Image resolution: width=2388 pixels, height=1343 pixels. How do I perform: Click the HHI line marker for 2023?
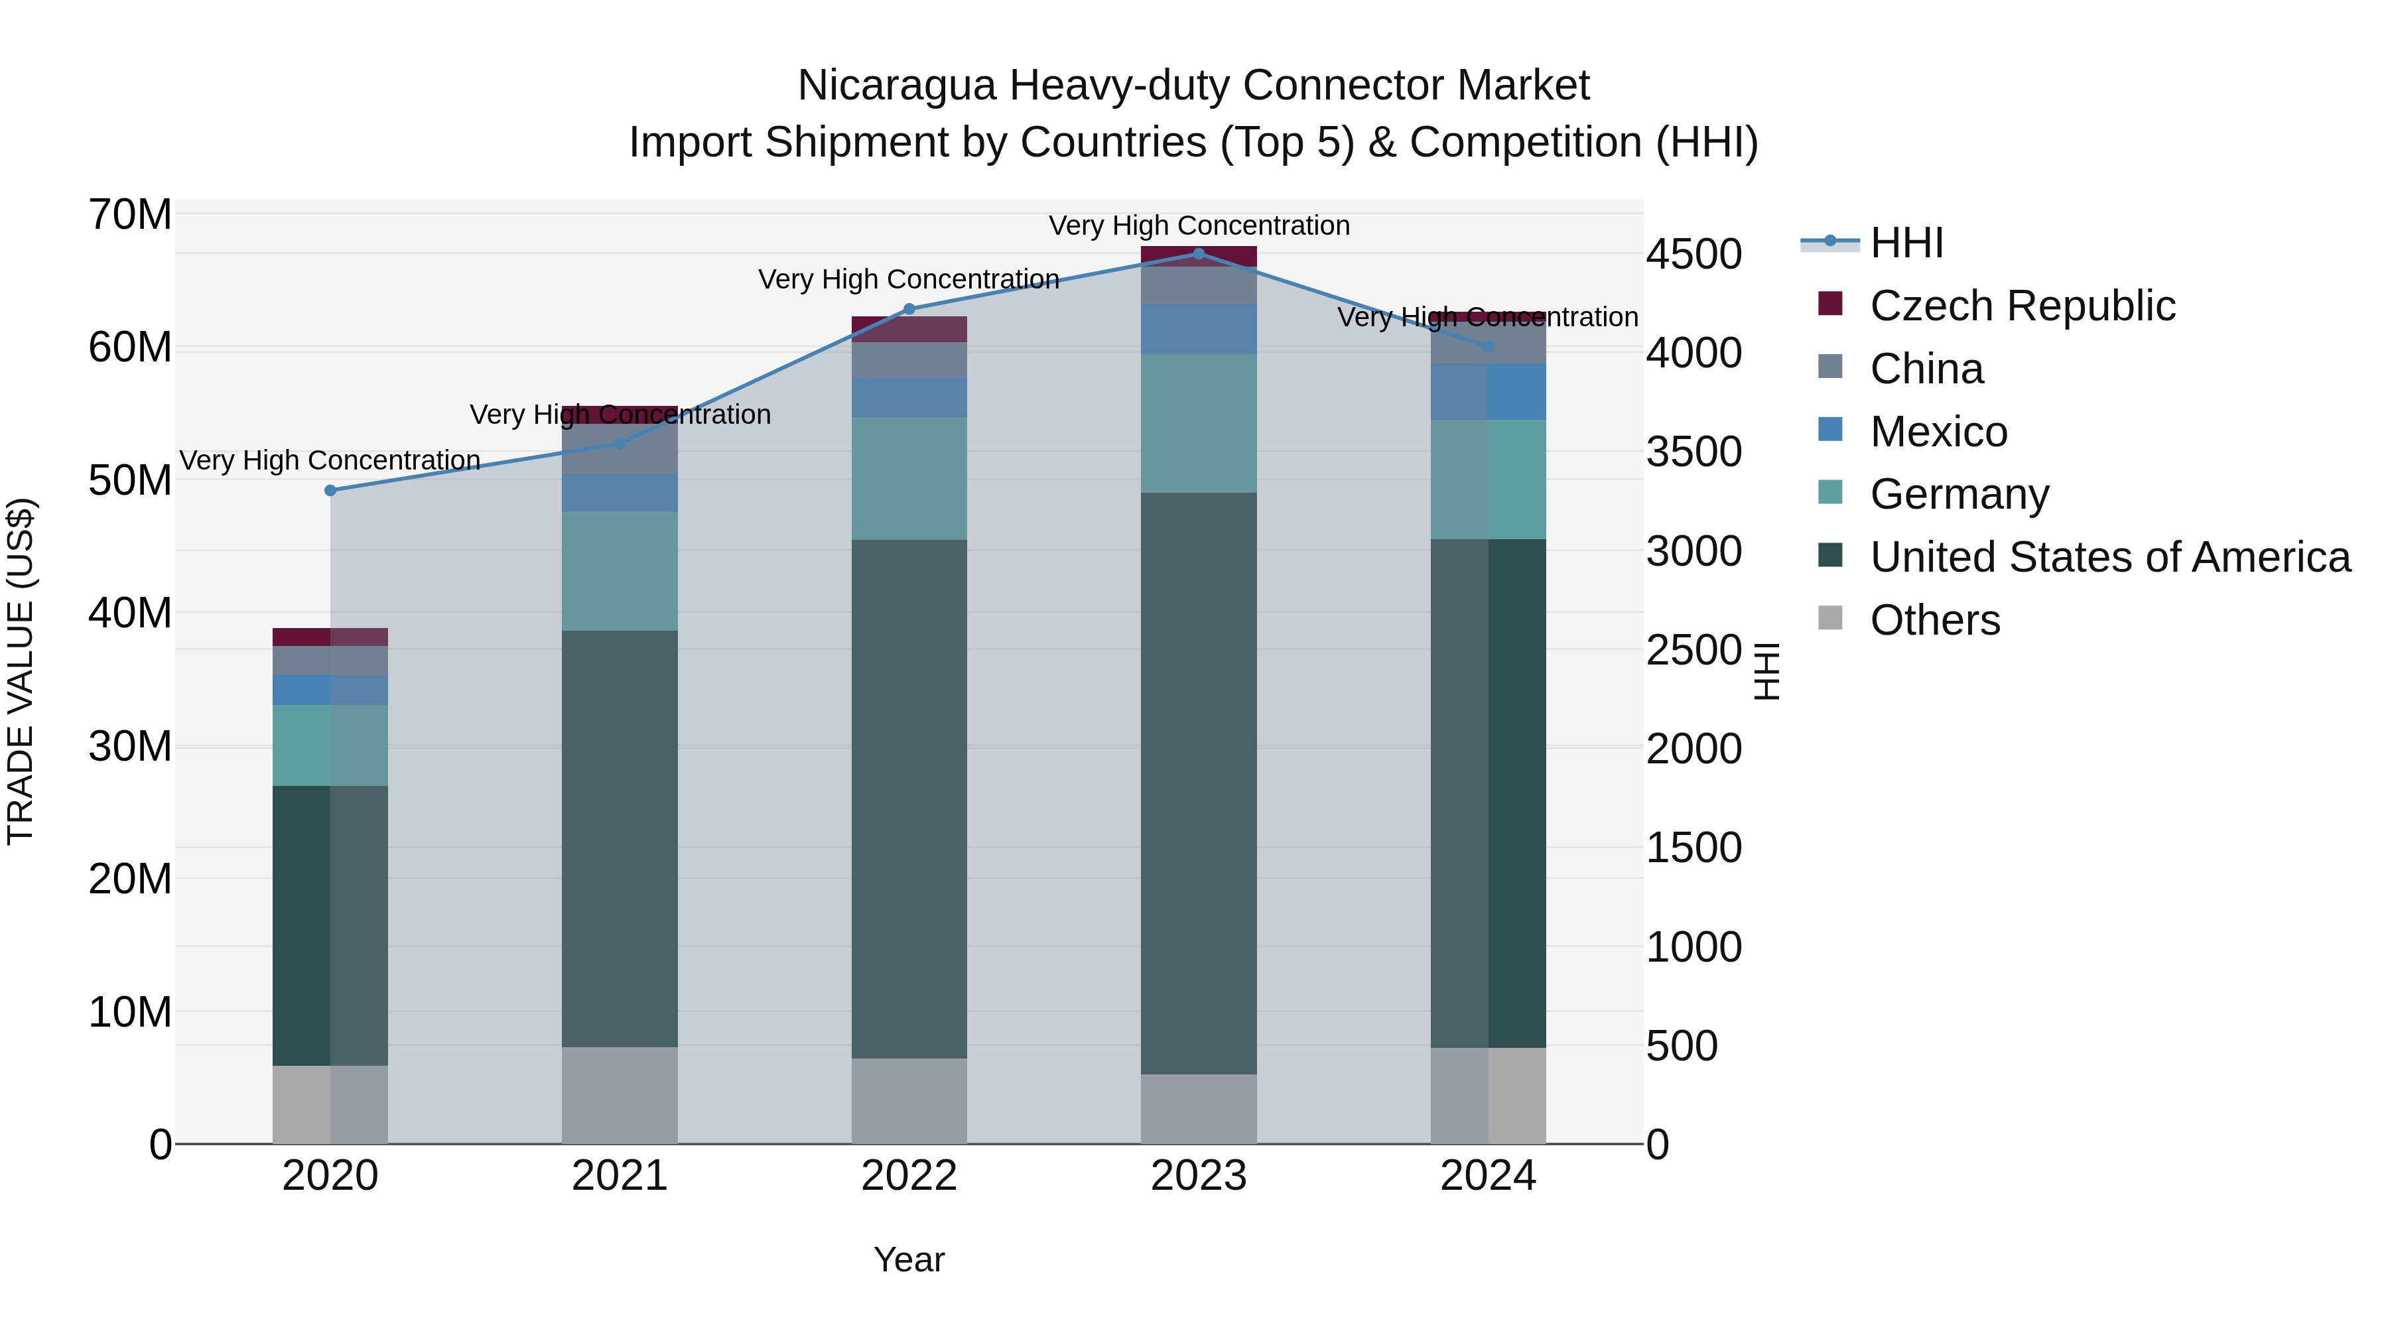tap(1199, 254)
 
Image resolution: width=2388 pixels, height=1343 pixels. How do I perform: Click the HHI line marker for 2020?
tap(330, 490)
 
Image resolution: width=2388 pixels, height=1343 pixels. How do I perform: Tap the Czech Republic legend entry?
tap(2022, 306)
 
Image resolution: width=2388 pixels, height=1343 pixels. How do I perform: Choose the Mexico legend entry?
tap(1938, 432)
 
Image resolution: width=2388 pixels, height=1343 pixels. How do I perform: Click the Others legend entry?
tap(1935, 620)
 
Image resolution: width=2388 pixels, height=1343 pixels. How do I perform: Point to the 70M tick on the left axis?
tap(130, 215)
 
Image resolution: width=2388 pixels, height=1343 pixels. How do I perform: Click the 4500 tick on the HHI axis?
tap(1693, 255)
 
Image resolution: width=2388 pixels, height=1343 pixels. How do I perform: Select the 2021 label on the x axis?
tap(620, 1176)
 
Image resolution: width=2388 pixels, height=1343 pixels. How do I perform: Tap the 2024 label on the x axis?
tap(1488, 1176)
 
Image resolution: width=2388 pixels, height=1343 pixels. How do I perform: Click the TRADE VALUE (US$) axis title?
tap(21, 671)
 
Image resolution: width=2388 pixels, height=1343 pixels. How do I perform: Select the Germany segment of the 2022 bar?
tap(909, 478)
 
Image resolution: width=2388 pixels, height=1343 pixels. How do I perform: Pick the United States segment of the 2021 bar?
tap(620, 839)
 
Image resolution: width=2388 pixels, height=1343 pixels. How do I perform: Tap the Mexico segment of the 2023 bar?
tap(1199, 329)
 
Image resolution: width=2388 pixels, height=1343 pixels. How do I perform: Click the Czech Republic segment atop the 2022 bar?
tap(909, 329)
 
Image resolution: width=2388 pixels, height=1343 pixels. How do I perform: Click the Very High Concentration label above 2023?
tap(1199, 226)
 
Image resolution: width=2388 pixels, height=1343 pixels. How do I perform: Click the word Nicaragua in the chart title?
tap(896, 86)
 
